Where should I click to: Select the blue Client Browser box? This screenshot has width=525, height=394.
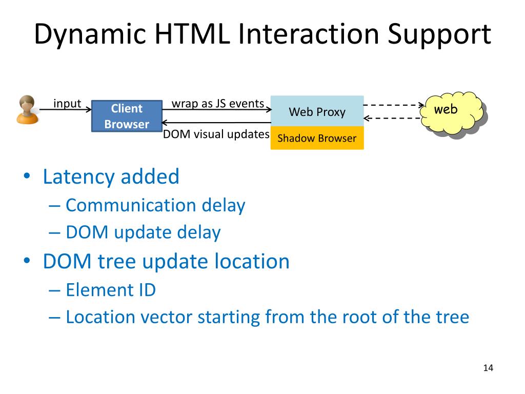point(127,116)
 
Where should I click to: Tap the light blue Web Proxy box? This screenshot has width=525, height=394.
point(317,111)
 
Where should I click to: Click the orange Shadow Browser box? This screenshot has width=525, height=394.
point(317,138)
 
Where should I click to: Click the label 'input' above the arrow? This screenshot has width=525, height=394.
point(67,104)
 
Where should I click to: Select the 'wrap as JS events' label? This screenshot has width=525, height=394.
point(217,104)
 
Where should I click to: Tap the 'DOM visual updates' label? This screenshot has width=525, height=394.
point(216,134)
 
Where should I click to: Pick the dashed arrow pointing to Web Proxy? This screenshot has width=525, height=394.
point(392,119)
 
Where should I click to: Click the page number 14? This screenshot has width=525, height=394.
point(488,368)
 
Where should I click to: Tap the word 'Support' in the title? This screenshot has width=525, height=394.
point(438,35)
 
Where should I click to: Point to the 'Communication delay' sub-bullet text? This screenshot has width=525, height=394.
point(155,205)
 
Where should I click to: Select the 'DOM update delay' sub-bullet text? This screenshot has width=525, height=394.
point(143,232)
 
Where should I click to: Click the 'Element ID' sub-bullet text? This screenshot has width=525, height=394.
point(111,290)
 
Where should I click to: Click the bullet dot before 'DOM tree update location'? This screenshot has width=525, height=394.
point(27,262)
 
